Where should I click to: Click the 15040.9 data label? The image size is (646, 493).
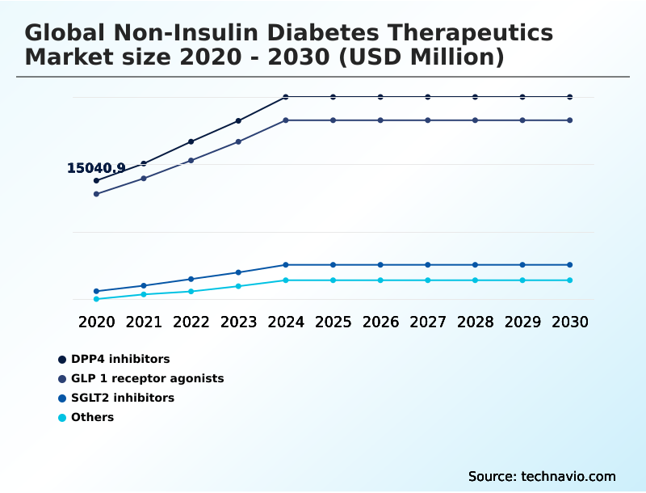pos(95,168)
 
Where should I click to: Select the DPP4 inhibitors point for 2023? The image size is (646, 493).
pos(238,121)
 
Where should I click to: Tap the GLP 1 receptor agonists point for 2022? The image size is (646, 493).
pos(191,160)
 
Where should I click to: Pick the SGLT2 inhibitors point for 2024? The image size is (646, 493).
pos(286,265)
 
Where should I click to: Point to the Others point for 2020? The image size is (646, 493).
pos(96,299)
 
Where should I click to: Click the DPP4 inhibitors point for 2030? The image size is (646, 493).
pos(569,97)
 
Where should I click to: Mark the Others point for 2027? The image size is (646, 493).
pos(428,280)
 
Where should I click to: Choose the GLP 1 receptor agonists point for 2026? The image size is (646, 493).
pos(380,120)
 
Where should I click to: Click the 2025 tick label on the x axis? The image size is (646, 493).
pos(333,322)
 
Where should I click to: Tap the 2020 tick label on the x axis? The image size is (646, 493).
pos(96,322)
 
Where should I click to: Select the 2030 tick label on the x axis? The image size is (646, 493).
pos(569,322)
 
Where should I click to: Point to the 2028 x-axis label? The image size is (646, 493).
pos(475,322)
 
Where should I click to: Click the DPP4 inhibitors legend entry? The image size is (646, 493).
pos(120,359)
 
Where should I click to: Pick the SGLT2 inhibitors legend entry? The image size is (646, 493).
pos(122,398)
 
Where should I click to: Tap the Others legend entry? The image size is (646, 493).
pos(92,417)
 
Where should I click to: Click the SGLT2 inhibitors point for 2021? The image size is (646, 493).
pos(144,285)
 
